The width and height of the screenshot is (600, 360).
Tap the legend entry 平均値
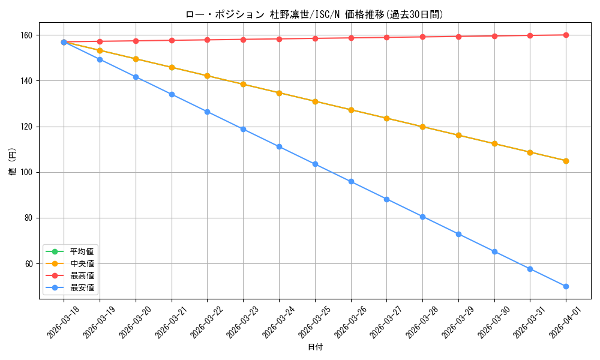point(82,251)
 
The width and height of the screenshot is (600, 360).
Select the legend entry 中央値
point(82,263)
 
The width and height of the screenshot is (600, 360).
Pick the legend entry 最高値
point(82,275)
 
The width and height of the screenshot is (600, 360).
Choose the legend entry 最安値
point(82,287)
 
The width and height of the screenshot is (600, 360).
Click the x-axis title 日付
point(315,347)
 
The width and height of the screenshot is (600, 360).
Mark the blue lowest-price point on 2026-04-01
point(566,286)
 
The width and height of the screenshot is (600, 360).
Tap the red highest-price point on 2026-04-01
point(566,35)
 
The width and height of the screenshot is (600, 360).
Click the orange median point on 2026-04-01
point(566,161)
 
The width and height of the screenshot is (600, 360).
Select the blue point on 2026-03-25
point(315,164)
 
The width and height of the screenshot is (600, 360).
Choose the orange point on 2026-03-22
point(207,76)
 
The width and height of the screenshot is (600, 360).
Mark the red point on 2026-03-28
point(422,37)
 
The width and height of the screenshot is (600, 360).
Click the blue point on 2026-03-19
point(100,59)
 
